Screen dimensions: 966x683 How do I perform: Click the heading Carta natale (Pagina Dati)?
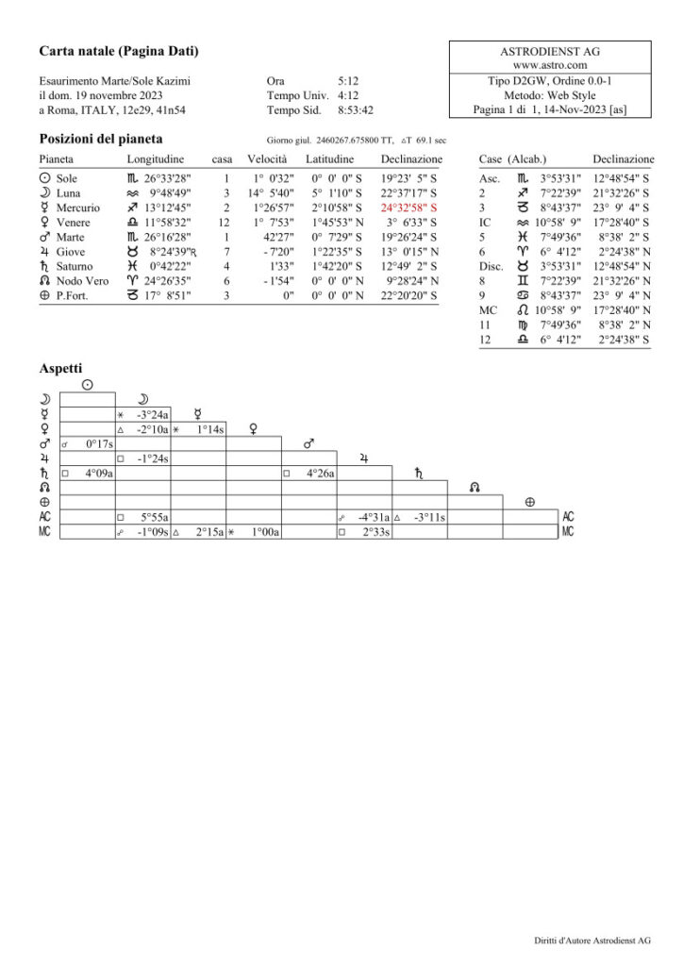tap(119, 50)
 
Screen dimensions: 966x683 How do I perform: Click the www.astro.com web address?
tap(550, 66)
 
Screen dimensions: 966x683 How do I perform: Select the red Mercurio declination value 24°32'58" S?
tap(408, 208)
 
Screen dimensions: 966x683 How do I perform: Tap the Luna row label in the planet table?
tap(68, 192)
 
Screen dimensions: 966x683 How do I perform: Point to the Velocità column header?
tap(267, 159)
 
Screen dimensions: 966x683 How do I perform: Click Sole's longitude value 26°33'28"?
tap(159, 177)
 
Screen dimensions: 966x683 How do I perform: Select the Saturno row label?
tap(75, 267)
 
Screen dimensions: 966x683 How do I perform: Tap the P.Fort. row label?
tap(72, 297)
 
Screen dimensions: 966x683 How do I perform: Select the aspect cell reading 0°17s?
tap(98, 443)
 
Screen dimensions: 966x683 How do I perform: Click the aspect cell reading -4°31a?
tap(375, 518)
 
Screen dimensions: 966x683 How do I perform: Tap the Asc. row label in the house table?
tap(490, 177)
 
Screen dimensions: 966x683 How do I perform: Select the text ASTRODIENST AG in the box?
tap(550, 51)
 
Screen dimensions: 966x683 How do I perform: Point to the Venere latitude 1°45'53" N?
tap(333, 223)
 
